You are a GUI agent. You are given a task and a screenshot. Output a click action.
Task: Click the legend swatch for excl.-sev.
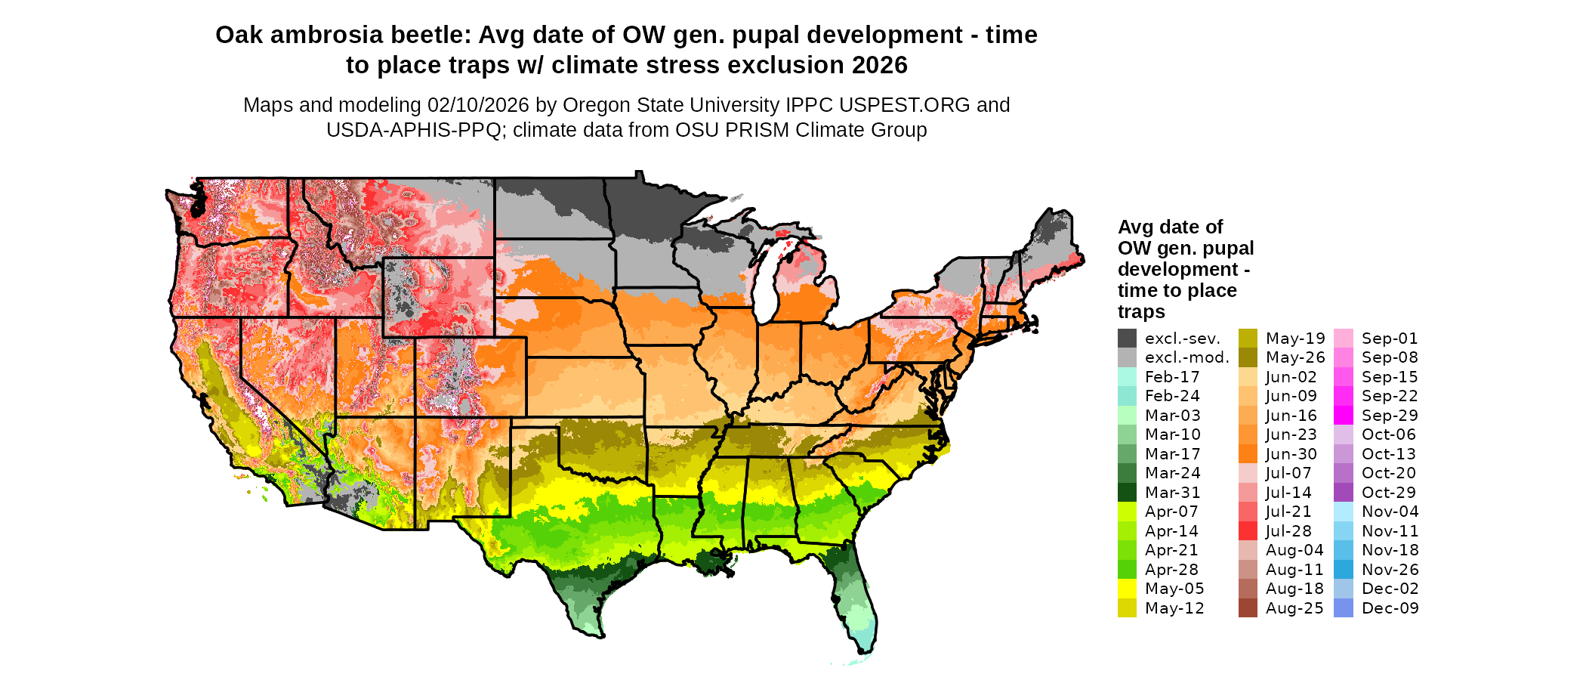tap(1127, 338)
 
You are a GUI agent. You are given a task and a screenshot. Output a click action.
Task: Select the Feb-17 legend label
tap(1172, 377)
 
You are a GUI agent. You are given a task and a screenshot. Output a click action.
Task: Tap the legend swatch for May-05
tap(1127, 589)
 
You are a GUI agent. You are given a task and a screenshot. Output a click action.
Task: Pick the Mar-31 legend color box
tap(1127, 493)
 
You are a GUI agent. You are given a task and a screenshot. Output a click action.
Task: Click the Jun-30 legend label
tap(1291, 454)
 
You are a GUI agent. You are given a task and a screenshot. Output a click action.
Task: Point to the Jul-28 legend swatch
tap(1248, 531)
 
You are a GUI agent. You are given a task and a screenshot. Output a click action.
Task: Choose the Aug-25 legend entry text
tap(1294, 608)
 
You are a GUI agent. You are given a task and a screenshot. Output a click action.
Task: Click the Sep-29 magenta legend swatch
tap(1344, 416)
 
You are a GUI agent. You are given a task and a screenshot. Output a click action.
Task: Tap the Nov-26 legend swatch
tap(1344, 570)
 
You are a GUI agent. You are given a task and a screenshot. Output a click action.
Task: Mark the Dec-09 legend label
tap(1390, 608)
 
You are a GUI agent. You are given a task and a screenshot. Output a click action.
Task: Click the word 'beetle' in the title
tap(431, 35)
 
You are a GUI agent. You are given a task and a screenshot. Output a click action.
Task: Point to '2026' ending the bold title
tap(879, 65)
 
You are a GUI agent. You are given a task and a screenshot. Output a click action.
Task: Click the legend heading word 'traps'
tap(1141, 312)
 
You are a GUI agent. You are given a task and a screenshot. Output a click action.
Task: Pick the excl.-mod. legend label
tap(1186, 357)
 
